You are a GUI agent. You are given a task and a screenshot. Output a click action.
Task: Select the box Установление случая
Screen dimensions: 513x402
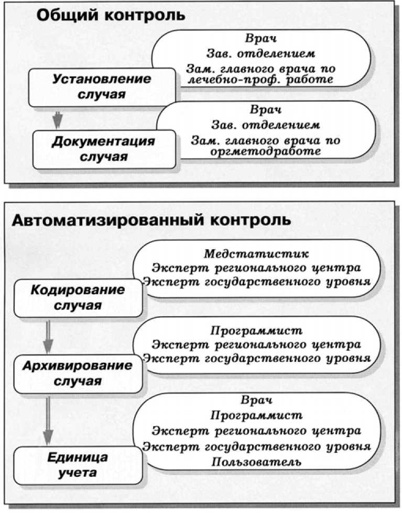click(x=102, y=87)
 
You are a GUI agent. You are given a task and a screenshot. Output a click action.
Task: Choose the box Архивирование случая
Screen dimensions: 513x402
click(x=78, y=373)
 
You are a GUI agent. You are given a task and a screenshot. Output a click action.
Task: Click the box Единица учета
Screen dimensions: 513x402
click(x=78, y=465)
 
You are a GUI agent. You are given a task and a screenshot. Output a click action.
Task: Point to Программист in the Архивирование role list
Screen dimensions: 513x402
click(x=257, y=331)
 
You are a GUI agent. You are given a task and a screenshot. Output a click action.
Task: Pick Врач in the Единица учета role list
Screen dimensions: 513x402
click(x=257, y=402)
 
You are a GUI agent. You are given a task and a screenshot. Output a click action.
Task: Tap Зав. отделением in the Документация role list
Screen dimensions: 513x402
click(x=265, y=126)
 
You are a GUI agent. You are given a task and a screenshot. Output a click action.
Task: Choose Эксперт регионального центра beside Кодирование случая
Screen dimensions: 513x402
click(x=256, y=267)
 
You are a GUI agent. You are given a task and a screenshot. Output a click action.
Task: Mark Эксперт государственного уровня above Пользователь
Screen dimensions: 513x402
click(x=257, y=448)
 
